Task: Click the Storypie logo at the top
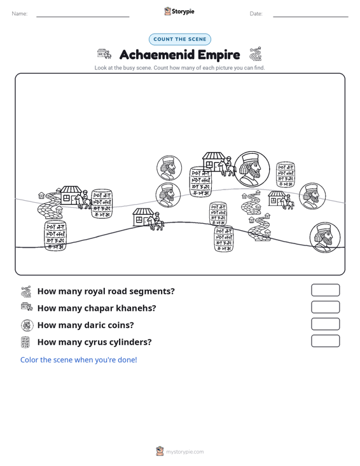[179, 11]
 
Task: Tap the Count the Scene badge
[180, 39]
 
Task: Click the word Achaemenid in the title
[156, 55]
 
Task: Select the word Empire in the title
[219, 55]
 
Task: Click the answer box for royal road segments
[325, 290]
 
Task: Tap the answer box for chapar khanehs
[325, 307]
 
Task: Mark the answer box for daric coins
[325, 324]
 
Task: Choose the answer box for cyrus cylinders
[325, 341]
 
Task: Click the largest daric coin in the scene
[252, 169]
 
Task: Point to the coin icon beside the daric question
[27, 325]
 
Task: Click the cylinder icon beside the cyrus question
[25, 342]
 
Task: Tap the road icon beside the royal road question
[26, 291]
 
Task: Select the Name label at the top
[20, 14]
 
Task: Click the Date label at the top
[256, 14]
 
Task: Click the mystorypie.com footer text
[184, 452]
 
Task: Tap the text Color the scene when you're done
[78, 360]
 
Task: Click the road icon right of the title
[255, 53]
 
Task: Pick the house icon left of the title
[104, 54]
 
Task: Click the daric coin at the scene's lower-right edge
[325, 238]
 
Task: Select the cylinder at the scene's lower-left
[55, 235]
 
